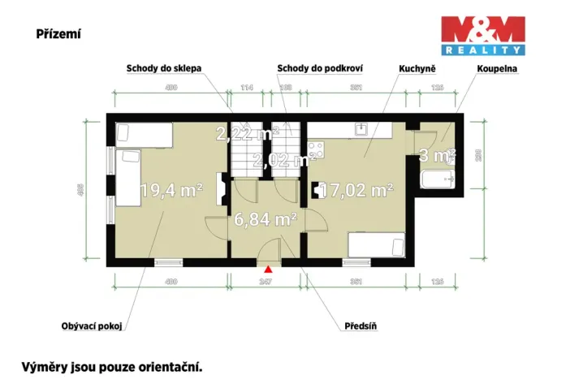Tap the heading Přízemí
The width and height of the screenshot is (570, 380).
pyautogui.click(x=58, y=34)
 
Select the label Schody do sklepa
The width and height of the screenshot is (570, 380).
pyautogui.click(x=163, y=68)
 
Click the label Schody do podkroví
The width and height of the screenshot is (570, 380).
pyautogui.click(x=319, y=68)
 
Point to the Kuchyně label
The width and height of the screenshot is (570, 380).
pyautogui.click(x=417, y=68)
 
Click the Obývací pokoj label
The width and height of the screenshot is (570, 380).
pyautogui.click(x=91, y=326)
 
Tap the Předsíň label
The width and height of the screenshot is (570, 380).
pyautogui.click(x=361, y=326)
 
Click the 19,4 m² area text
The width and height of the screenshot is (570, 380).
pyautogui.click(x=171, y=191)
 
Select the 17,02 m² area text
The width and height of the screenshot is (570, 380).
pyautogui.click(x=357, y=191)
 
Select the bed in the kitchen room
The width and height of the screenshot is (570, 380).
pyautogui.click(x=375, y=244)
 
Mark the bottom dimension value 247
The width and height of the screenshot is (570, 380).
pyautogui.click(x=265, y=282)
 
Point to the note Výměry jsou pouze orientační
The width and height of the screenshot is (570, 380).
pyautogui.click(x=111, y=366)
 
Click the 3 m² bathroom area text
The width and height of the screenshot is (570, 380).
pyautogui.click(x=436, y=154)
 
